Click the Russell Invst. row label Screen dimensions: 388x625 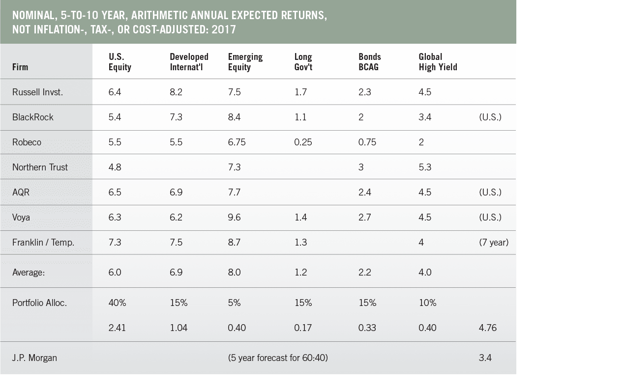[x=37, y=92]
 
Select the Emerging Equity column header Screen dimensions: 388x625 [x=245, y=62]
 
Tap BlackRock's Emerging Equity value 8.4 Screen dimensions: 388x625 [x=234, y=117]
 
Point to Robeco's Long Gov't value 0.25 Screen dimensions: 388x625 [x=303, y=142]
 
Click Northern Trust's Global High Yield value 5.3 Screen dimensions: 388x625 [x=425, y=167]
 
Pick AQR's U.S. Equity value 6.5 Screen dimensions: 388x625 [x=115, y=192]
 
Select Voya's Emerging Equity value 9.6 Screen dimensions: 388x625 [x=234, y=217]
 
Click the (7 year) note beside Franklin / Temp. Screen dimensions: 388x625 [x=493, y=242]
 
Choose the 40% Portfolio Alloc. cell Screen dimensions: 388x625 [x=117, y=303]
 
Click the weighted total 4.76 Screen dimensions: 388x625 [x=487, y=328]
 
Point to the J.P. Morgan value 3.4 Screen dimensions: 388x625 [x=485, y=358]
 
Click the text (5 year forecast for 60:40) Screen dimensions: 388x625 [x=278, y=358]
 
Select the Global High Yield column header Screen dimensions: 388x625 [x=438, y=62]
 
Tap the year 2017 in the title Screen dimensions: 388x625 [x=225, y=29]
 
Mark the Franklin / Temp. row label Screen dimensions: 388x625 [x=43, y=242]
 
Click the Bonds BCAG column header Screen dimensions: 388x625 [x=369, y=62]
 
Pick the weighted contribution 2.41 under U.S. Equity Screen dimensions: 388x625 [x=117, y=328]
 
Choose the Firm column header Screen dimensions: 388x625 [x=20, y=67]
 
